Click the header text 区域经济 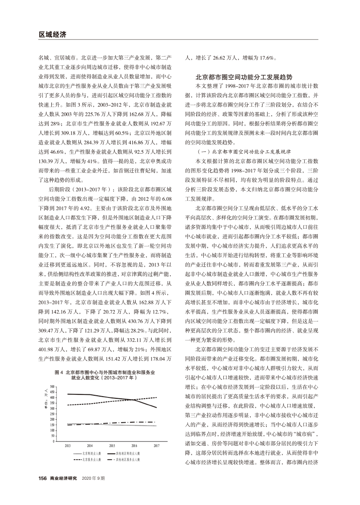[x=51, y=34]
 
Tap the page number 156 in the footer [x=42, y=478]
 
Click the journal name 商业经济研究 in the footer [x=63, y=478]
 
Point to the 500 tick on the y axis [x=53, y=387]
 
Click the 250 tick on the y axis [x=53, y=414]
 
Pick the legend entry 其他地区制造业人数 [x=129, y=453]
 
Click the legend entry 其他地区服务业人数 [x=129, y=459]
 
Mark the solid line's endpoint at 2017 [x=156, y=407]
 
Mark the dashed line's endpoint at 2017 [x=156, y=397]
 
